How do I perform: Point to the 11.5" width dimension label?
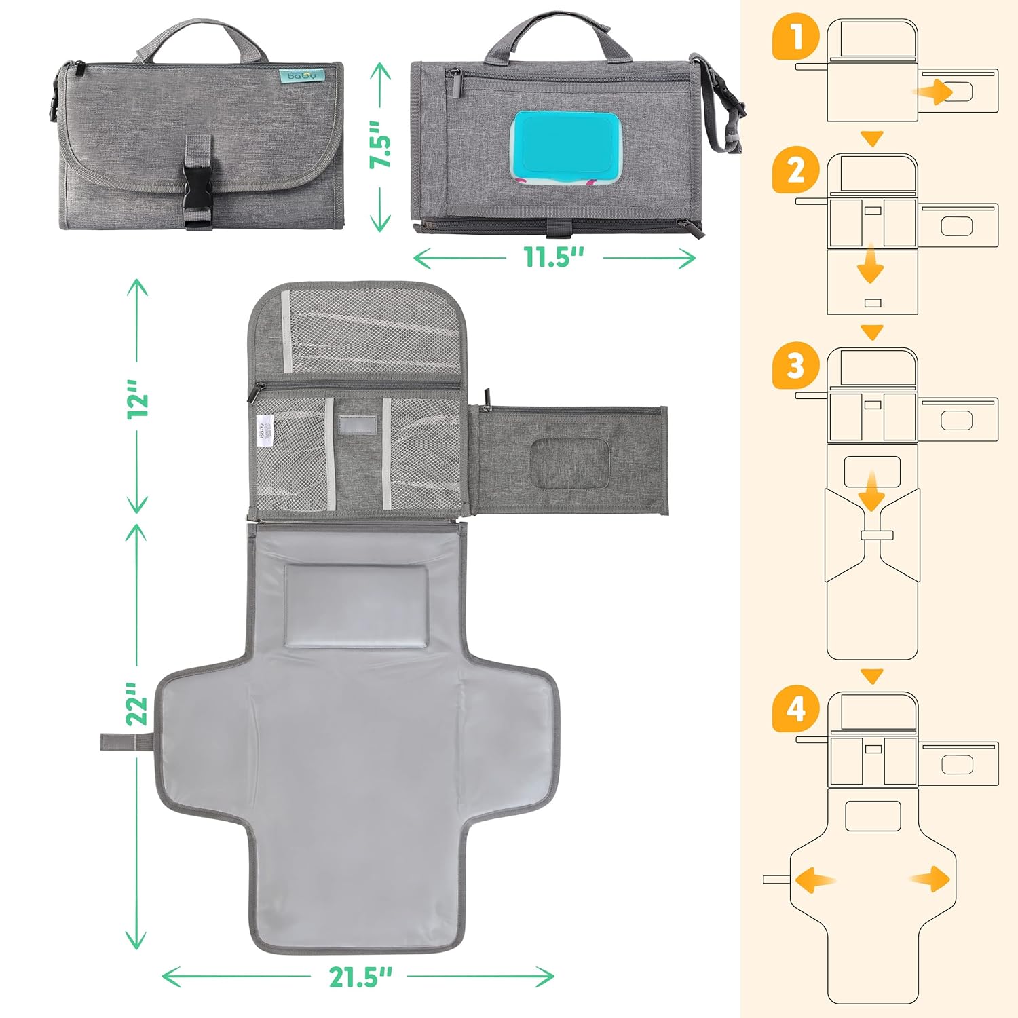tap(554, 258)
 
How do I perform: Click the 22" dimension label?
tap(138, 704)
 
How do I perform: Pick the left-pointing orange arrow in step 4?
tap(812, 880)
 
